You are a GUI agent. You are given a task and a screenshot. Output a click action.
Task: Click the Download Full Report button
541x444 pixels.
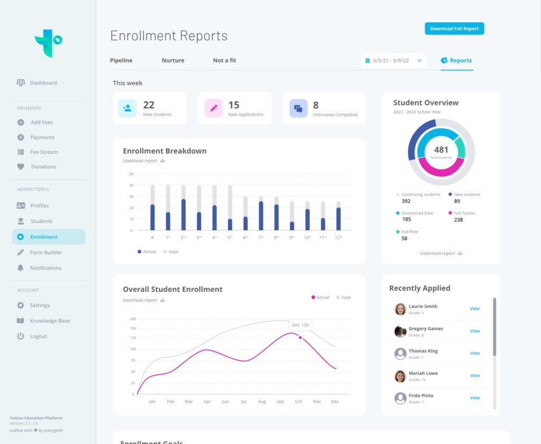coord(454,29)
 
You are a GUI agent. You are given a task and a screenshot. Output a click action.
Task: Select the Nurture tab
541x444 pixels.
coord(173,60)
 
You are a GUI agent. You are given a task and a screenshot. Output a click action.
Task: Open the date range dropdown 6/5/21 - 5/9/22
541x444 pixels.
coord(394,60)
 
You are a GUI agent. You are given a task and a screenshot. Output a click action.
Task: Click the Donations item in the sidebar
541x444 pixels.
coord(43,167)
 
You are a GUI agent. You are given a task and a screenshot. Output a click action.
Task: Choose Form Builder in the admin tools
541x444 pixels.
coord(45,252)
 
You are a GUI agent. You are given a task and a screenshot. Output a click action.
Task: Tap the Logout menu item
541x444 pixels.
coord(38,336)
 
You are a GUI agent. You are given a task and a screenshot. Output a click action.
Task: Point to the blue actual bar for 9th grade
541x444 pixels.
coord(292,226)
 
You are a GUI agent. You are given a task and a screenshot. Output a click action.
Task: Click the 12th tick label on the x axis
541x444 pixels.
coord(338,238)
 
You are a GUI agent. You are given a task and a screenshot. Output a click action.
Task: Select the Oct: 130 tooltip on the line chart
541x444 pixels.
coord(300,325)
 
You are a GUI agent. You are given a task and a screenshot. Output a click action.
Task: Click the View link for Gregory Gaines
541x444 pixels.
coord(474,331)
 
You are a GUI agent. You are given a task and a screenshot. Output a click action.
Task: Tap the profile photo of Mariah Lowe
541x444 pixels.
coord(400,376)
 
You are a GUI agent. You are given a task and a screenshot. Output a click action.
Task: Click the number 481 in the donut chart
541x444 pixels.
coord(441,150)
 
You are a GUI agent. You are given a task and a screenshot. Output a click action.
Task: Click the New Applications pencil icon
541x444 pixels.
coord(213,108)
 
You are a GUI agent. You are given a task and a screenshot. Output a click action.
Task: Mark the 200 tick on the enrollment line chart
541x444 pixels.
coord(133,319)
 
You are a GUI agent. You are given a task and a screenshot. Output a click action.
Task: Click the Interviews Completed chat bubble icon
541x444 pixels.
coord(299,108)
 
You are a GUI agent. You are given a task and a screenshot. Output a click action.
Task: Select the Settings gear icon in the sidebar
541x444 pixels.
coord(21,305)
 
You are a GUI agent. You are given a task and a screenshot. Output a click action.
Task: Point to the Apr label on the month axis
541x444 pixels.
coord(207,402)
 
